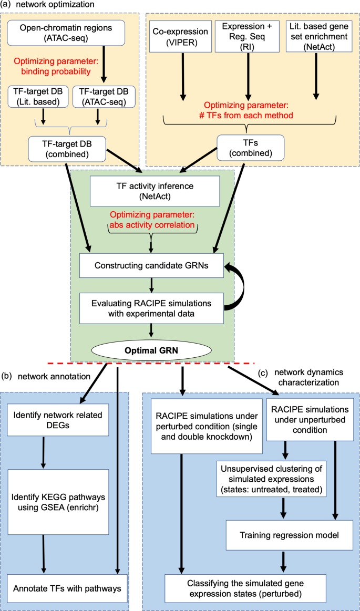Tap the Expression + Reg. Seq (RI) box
click(x=246, y=36)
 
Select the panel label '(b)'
click(x=7, y=376)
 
